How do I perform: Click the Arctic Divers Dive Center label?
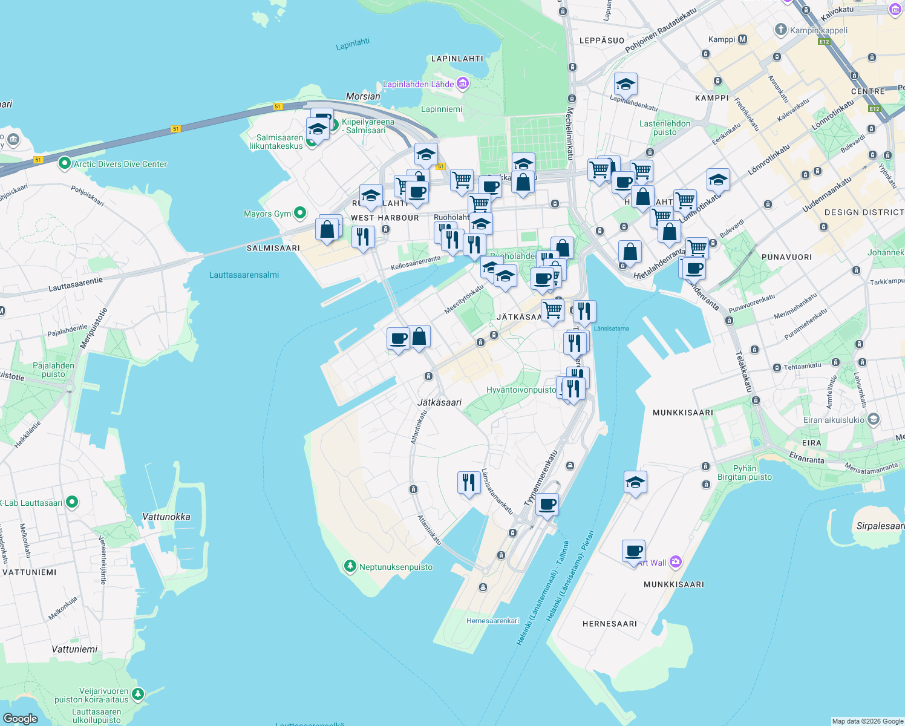(x=120, y=164)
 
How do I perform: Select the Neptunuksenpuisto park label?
(x=396, y=567)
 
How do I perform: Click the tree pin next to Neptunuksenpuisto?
(x=350, y=566)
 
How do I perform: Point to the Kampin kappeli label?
(x=818, y=30)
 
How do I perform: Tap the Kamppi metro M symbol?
(x=742, y=39)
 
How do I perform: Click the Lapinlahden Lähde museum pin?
(x=463, y=83)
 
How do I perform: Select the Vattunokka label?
(x=166, y=517)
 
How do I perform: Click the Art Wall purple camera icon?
(x=675, y=562)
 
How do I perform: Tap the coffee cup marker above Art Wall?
(x=633, y=551)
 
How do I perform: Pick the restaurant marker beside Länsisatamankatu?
(x=469, y=483)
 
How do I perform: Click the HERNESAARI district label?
(x=609, y=624)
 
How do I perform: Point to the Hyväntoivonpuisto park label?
(x=521, y=390)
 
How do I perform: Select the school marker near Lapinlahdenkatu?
(x=625, y=85)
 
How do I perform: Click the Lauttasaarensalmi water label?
(x=244, y=275)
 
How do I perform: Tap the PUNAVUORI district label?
(x=786, y=257)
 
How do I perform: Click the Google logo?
(x=21, y=718)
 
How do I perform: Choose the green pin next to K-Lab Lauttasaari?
(x=72, y=502)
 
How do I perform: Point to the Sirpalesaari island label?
(x=880, y=526)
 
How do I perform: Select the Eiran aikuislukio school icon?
(x=873, y=419)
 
